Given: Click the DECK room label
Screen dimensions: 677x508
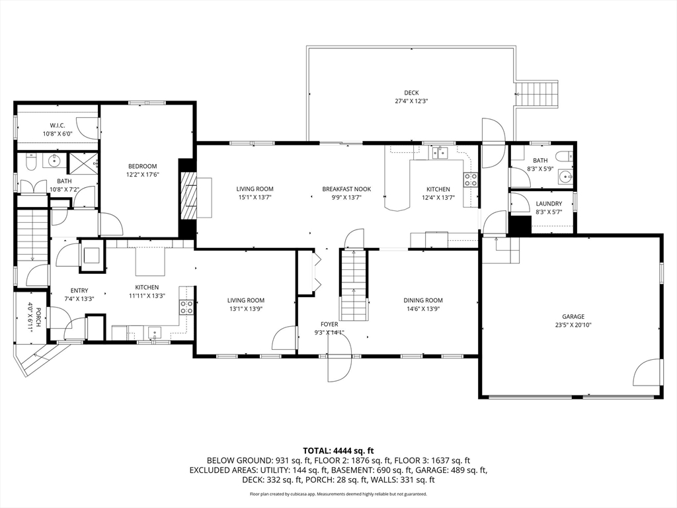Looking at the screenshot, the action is (411, 93).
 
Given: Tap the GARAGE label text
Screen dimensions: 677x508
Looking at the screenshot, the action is (573, 317).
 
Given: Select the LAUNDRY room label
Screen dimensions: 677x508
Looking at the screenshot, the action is (549, 204).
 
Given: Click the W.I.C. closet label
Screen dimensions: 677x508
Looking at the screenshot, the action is (57, 126).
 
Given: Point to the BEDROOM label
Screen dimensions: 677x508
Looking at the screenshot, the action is (142, 166).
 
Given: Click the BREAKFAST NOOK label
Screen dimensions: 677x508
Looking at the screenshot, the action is (346, 189).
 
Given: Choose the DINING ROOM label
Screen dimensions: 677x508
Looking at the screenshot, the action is (422, 300).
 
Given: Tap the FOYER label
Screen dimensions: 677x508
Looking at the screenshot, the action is (329, 324).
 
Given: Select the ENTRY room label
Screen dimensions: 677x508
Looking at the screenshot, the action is (79, 291).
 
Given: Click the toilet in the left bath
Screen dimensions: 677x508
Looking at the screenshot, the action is (31, 161).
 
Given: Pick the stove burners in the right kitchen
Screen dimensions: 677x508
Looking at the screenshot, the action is (470, 179).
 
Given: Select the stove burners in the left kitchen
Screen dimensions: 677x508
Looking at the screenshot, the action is (186, 307).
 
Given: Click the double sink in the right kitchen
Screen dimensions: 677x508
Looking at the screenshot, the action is (439, 153).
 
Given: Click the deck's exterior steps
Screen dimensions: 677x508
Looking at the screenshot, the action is (537, 94).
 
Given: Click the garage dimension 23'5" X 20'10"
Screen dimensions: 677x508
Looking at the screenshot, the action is (573, 325).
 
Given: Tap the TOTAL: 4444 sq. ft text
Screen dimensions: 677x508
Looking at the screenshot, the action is (338, 451).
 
